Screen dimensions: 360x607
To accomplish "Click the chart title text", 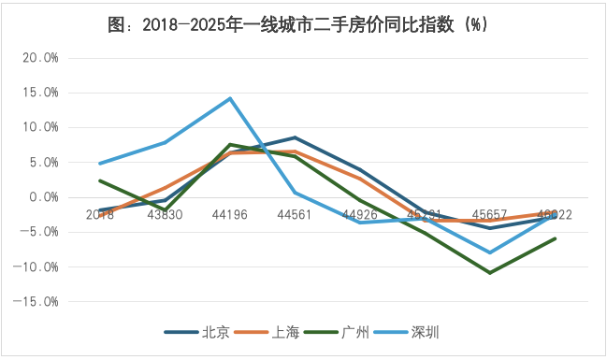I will [303, 25].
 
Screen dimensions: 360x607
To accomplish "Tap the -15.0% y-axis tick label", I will [38, 302].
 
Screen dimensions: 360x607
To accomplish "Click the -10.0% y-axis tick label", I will [38, 267].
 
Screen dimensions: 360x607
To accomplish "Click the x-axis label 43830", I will [165, 214].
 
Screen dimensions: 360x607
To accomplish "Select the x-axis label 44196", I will [230, 214].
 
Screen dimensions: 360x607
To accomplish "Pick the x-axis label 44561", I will [295, 214].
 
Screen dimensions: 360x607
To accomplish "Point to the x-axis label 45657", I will [490, 214].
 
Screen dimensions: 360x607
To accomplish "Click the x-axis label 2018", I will [100, 214].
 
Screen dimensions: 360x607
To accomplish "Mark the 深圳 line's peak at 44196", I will [230, 98].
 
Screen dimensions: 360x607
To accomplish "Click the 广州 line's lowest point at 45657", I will [490, 273].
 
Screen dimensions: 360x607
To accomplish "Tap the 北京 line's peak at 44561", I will [295, 137].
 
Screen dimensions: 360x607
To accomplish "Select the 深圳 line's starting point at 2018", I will [100, 164].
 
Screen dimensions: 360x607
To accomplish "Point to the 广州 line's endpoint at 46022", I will [556, 238].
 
